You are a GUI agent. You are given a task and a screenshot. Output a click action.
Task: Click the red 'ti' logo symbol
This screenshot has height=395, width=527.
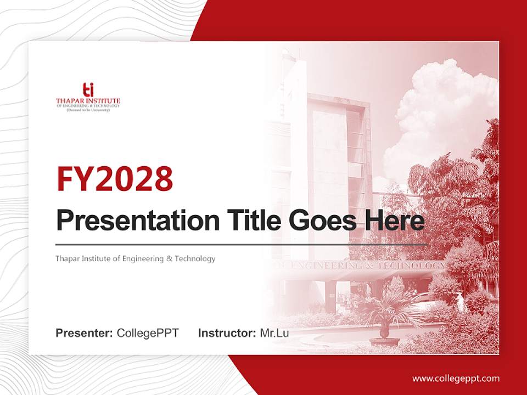(88, 89)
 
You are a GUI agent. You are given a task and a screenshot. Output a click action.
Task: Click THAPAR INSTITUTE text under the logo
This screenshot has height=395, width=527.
(88, 101)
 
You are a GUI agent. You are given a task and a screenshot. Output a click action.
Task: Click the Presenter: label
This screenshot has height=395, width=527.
(84, 333)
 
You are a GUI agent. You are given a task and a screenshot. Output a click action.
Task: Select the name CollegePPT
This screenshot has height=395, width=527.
(148, 333)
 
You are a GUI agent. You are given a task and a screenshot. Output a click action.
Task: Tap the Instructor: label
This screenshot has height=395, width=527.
(227, 333)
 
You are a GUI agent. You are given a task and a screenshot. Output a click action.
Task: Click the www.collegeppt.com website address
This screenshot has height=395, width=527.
(456, 378)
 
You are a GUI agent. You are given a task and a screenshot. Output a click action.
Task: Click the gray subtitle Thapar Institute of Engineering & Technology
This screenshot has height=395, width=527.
(135, 258)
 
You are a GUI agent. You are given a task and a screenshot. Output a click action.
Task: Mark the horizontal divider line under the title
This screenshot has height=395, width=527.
(242, 244)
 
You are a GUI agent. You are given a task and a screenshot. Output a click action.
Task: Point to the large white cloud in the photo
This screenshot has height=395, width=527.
(439, 110)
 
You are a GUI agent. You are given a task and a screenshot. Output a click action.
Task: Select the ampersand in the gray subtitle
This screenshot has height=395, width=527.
(169, 258)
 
